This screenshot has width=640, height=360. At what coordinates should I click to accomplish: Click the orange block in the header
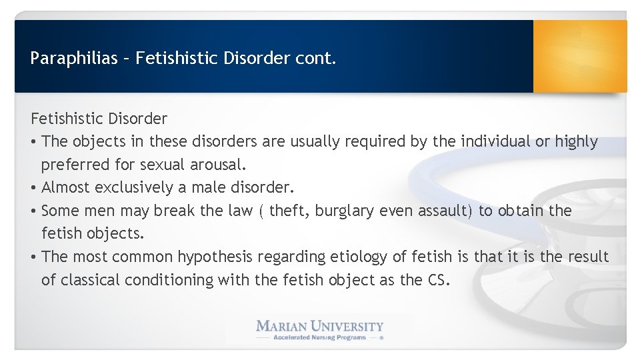579,56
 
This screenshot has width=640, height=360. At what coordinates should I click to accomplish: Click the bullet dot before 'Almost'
34,188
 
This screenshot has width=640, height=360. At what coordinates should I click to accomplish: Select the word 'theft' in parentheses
289,211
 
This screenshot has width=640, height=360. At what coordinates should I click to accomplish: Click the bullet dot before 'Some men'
34,211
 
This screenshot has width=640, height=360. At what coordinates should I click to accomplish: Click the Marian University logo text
320,326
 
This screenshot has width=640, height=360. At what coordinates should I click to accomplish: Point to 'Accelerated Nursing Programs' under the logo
320,337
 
